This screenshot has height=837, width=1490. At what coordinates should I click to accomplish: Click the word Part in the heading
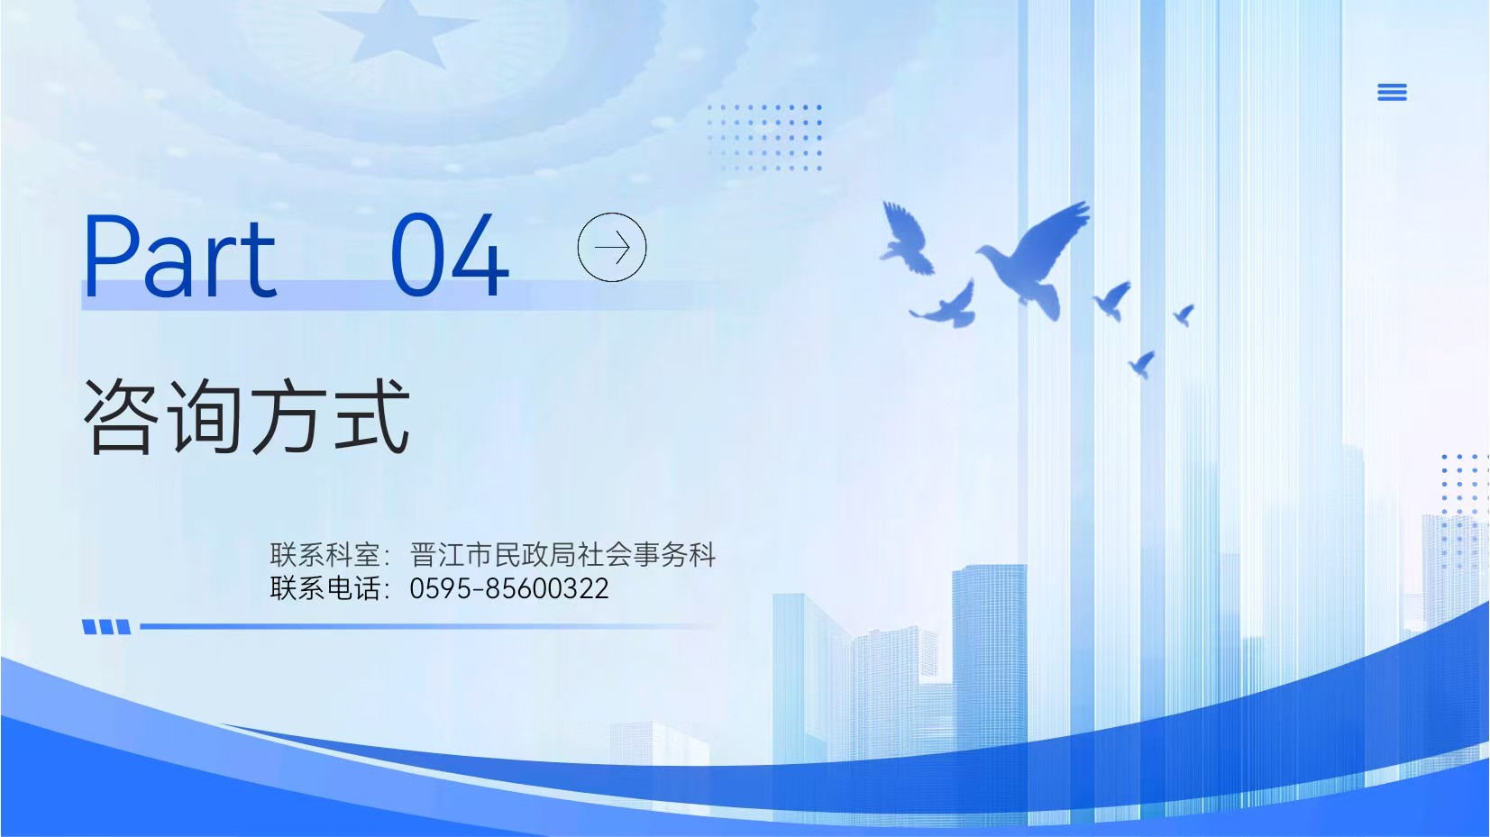coord(179,255)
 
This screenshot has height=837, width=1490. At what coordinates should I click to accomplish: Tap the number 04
coord(450,255)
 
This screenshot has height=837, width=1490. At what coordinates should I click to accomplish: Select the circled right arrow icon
coord(612,247)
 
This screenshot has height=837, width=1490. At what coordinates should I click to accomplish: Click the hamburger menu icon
coord(1392,93)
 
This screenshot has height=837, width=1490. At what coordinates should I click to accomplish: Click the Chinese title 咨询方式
coord(246,416)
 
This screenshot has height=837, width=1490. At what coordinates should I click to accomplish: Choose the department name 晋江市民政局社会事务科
coord(562,554)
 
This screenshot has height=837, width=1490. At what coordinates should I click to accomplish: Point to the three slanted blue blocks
coord(106,627)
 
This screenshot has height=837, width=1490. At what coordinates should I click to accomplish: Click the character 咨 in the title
coord(120,416)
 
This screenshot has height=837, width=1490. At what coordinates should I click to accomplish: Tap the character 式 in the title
coord(372,416)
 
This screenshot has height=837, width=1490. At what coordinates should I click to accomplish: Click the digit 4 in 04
coord(479,255)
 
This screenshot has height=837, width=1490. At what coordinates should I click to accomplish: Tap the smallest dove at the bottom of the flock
coord(1141,364)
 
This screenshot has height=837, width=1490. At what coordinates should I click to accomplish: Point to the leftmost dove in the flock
coord(906,240)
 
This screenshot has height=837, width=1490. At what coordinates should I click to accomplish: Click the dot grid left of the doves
coord(764,138)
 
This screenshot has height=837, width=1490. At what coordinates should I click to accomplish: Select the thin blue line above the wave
coord(425,626)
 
